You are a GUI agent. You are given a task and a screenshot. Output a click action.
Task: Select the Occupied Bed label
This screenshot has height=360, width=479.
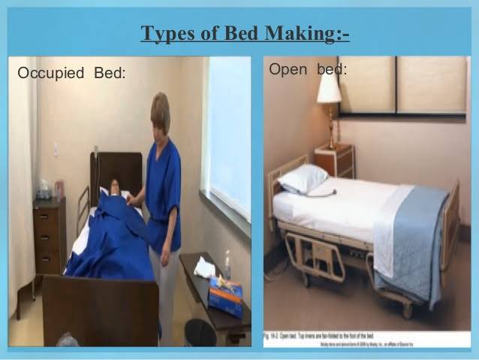tap(71, 74)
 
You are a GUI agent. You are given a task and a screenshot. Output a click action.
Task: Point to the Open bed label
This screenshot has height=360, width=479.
tap(308, 70)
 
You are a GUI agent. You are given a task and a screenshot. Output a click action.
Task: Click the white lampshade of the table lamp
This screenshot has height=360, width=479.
tap(328, 89)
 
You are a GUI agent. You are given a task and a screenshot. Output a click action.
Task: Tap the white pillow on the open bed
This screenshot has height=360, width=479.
tap(302, 179)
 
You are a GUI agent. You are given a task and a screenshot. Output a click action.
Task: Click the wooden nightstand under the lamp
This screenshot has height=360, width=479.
tap(333, 159)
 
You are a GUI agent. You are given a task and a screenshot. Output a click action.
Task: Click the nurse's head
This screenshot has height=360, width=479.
tap(161, 111)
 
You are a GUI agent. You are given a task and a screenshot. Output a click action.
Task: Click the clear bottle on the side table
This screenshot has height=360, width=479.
tap(227, 264)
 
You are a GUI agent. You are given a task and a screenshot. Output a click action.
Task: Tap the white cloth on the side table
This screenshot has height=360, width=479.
tap(203, 267)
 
